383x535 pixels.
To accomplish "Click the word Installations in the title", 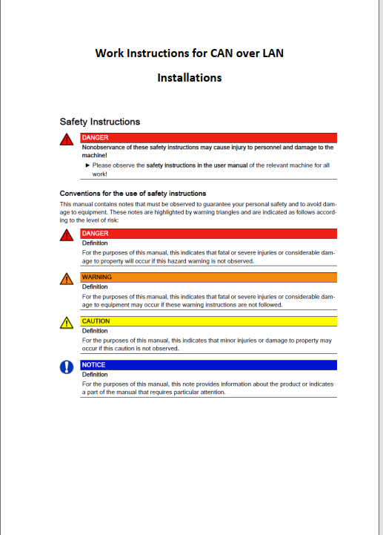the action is (x=189, y=77).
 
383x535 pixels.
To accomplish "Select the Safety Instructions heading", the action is (x=99, y=121).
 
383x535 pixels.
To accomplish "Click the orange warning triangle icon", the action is (x=67, y=278).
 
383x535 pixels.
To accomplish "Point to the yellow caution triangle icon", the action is (x=67, y=322).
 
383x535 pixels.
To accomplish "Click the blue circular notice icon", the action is (x=67, y=367).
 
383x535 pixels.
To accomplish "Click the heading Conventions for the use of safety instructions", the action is (x=133, y=193).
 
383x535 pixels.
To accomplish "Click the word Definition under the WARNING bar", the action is (x=95, y=286).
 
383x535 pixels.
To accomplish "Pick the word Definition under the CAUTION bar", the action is (x=95, y=330).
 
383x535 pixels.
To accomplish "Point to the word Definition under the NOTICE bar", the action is (x=95, y=374).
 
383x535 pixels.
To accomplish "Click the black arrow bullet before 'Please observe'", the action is (x=87, y=165).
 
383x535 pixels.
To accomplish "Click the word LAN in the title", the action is (x=271, y=53).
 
